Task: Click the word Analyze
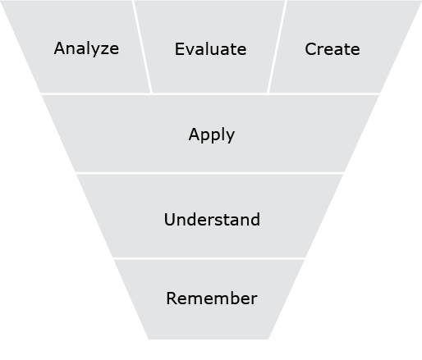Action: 86,49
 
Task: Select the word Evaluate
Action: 210,49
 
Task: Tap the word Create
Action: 333,49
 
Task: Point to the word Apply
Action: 212,134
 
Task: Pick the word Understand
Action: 212,219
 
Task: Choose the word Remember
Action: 212,298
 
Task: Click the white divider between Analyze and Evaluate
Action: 142,47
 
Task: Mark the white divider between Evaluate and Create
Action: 277,47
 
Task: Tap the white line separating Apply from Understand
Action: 209,173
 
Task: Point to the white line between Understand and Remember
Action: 209,258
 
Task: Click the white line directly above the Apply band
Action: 210,94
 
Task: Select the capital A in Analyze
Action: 60,48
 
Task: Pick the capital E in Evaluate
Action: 179,49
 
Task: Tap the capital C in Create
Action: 311,49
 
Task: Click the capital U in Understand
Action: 170,220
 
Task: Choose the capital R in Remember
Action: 172,298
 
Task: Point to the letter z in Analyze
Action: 103,50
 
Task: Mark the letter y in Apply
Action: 230,137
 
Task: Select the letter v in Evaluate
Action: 190,51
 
